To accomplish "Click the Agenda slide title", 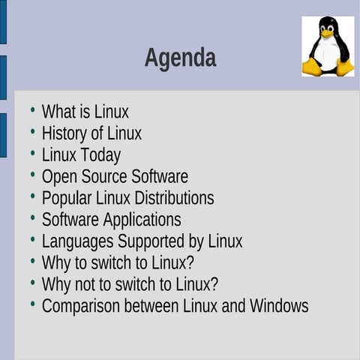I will pos(180,58).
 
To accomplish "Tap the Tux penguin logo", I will pos(328,46).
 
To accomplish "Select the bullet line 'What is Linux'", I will pos(85,112).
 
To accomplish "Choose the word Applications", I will pos(142,220).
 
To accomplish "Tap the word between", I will pos(151,306).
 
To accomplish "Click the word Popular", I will pos(67,198).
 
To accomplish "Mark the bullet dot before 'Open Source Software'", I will pos(32,175).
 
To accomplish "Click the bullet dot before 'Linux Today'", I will pos(32,153).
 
